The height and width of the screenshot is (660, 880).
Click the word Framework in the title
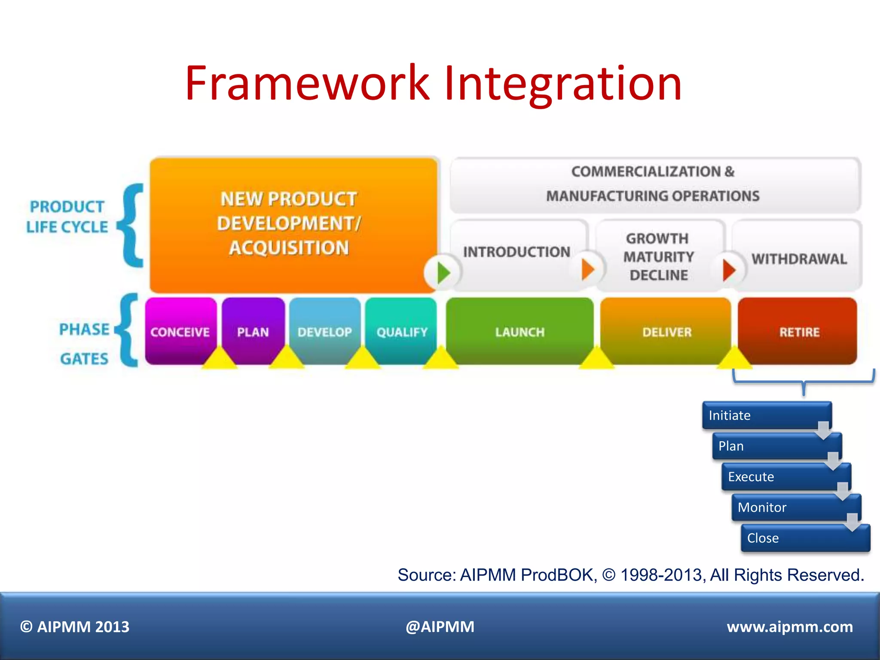click(307, 83)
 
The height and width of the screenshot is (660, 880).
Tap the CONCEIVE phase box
click(180, 332)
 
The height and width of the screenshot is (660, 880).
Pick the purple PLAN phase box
click(253, 332)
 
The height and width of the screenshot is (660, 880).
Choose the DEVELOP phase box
click(324, 332)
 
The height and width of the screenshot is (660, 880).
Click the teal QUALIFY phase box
click(402, 332)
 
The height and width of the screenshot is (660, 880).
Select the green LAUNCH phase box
click(519, 332)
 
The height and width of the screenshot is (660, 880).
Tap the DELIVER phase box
click(666, 332)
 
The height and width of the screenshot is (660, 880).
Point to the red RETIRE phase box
click(799, 332)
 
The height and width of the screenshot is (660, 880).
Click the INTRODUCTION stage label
click(516, 252)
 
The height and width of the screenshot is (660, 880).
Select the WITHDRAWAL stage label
click(799, 259)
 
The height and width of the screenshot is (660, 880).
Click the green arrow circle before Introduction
click(442, 272)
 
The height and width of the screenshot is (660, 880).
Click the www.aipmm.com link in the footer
click(789, 627)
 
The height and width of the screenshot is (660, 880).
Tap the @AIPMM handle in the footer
click(440, 627)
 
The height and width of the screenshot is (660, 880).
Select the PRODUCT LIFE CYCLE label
click(67, 217)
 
